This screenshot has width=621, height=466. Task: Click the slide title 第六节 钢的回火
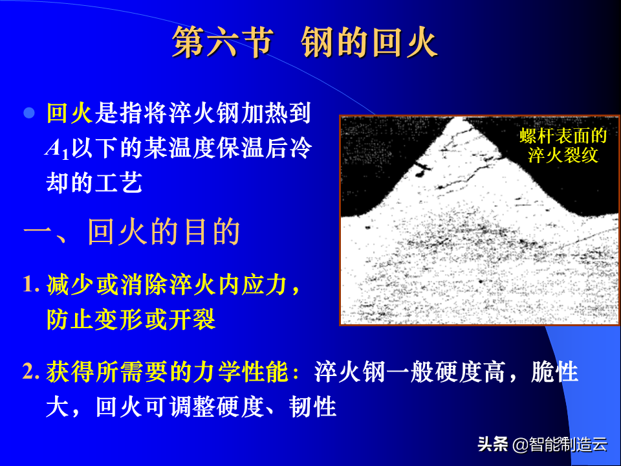(x=305, y=43)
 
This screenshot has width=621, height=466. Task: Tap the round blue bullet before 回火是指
(x=29, y=113)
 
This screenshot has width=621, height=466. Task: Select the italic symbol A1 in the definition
(x=57, y=150)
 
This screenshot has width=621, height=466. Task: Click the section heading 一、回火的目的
(x=132, y=232)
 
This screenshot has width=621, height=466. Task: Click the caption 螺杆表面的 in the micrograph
(x=563, y=136)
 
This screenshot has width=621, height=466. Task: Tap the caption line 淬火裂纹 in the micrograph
(x=563, y=155)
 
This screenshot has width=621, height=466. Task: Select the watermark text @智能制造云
(x=560, y=444)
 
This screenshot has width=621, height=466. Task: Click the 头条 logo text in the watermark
(x=493, y=444)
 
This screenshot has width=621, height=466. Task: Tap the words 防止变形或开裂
(x=131, y=319)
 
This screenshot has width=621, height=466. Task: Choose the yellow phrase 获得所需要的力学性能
(x=168, y=372)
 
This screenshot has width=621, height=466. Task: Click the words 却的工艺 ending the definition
(x=94, y=183)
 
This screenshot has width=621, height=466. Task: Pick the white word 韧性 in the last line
(x=313, y=407)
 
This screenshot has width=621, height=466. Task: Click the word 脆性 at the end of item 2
(x=555, y=372)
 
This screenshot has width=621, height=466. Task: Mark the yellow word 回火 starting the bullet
(x=70, y=113)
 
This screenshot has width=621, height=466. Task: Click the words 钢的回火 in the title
(x=369, y=43)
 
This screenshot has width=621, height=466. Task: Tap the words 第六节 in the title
(x=223, y=43)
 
